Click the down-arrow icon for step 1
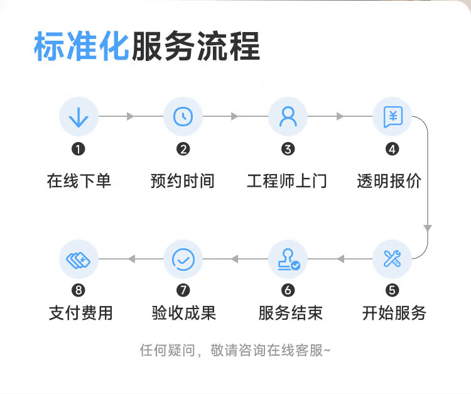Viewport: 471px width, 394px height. (78, 117)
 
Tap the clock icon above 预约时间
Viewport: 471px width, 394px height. (183, 116)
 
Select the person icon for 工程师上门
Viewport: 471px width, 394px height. (288, 116)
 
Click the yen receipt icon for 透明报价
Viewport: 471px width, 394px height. (393, 117)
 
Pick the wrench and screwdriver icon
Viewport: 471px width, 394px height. (392, 258)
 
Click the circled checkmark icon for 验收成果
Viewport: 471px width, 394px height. (183, 259)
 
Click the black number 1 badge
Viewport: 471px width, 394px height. (78, 149)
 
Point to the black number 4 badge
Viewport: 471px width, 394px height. (392, 149)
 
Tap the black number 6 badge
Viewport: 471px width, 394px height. (288, 290)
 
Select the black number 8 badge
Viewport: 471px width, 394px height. (78, 290)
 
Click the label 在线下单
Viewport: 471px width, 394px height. (79, 181)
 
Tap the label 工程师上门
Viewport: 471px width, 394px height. (287, 181)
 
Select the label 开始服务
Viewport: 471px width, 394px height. (394, 313)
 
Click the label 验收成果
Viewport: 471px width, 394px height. (184, 313)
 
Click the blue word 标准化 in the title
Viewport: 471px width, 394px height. (82, 47)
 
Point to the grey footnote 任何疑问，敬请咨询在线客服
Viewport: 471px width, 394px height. (235, 350)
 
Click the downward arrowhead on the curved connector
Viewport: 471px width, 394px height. (428, 228)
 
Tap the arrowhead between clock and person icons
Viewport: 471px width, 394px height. (235, 116)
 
